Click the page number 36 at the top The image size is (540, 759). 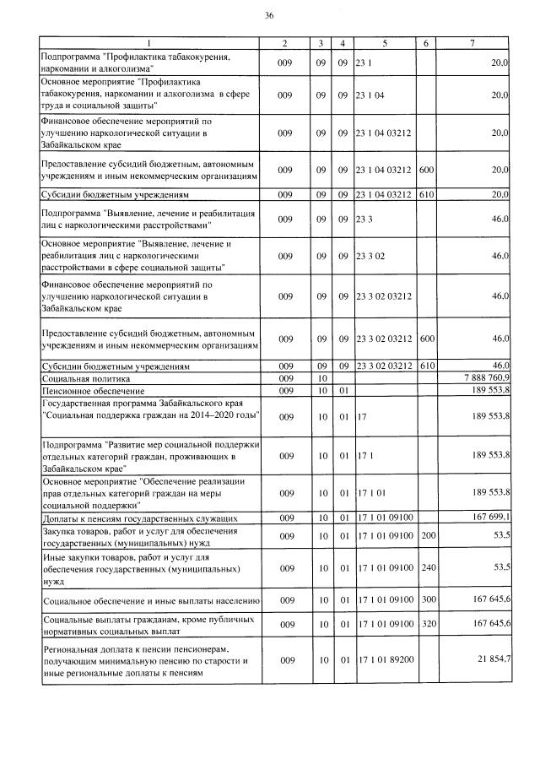point(269,15)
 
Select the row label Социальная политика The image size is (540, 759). point(79,380)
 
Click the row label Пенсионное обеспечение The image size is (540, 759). point(87,392)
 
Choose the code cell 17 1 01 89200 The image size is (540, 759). point(385,658)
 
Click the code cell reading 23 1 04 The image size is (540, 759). point(370,96)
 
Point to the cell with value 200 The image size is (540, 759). point(428,535)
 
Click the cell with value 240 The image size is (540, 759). point(428,567)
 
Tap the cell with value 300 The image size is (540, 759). point(428,600)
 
